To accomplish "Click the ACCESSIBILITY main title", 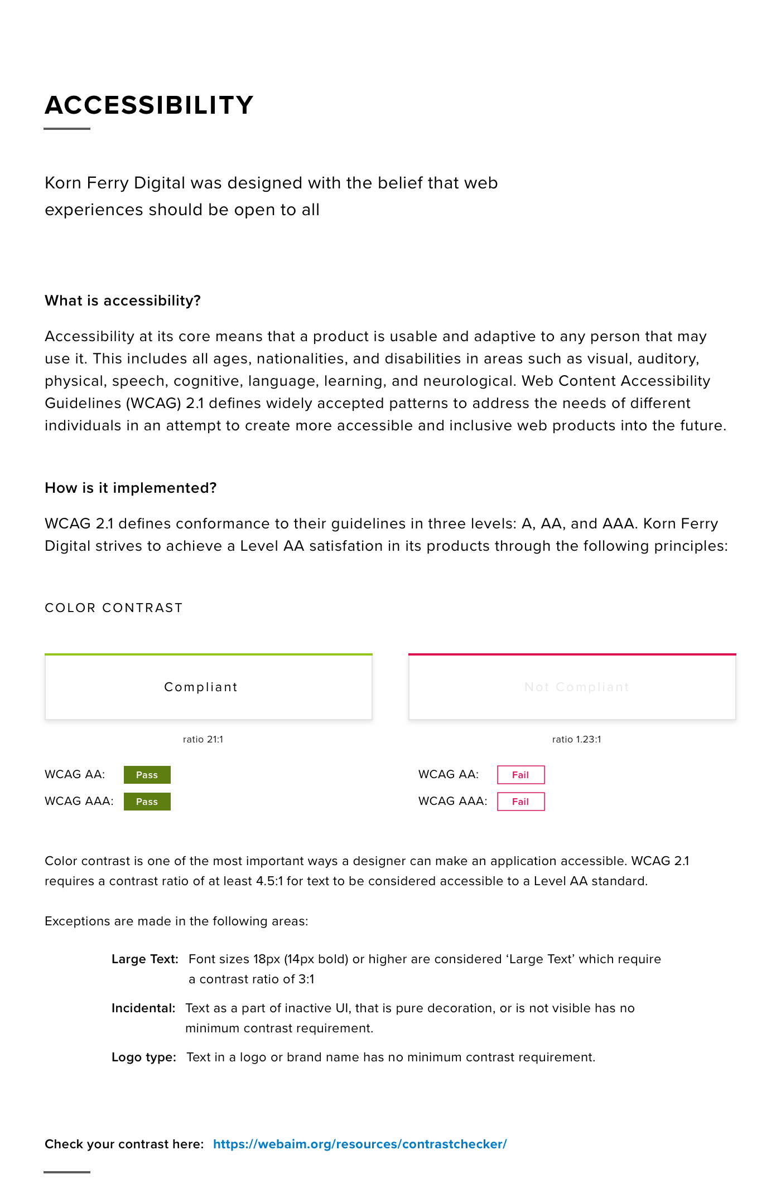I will pos(149,105).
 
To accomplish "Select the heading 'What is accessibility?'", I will pos(123,300).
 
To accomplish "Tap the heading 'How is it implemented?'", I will pos(131,488).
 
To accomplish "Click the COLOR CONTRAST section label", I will pos(114,608).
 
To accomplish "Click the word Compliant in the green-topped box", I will pos(201,687).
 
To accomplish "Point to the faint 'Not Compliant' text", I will pos(577,687).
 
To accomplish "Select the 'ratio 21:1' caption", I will pos(203,739).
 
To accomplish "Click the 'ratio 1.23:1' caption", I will pos(576,739).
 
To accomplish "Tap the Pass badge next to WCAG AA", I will pos(147,775).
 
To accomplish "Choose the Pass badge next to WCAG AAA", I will pos(147,802).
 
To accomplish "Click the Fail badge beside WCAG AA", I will pos(520,775).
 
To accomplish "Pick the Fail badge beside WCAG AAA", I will pos(520,802).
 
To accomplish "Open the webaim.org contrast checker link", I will pos(360,1144).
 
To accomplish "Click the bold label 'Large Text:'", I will pos(145,959).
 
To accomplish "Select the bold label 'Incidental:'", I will pos(143,1008).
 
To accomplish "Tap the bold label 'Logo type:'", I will pos(144,1057).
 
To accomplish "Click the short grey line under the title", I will pos(67,129).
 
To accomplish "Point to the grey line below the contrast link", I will pos(67,1172).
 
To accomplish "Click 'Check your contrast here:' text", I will pos(124,1144).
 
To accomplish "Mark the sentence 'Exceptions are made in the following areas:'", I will pos(176,921).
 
